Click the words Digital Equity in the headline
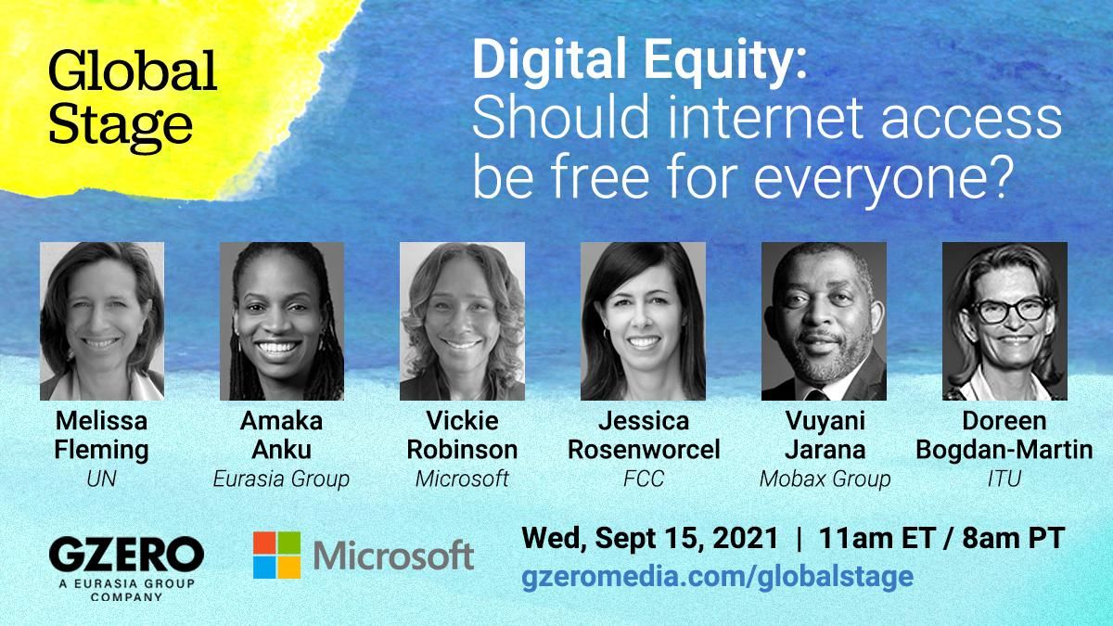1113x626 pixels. click(x=639, y=64)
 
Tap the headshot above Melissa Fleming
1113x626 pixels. click(x=102, y=321)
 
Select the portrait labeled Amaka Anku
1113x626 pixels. click(x=282, y=321)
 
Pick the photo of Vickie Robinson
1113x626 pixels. click(x=462, y=321)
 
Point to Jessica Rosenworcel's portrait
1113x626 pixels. click(x=643, y=321)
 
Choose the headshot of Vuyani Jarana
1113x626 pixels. click(x=824, y=321)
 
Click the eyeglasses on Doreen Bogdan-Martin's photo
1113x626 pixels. click(x=1004, y=310)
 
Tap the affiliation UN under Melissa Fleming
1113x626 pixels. click(x=101, y=479)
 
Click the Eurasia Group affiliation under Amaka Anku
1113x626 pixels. click(x=281, y=479)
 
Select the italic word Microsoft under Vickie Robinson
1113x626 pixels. click(x=462, y=479)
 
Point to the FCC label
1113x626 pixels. click(x=644, y=479)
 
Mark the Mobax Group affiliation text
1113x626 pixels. click(x=825, y=479)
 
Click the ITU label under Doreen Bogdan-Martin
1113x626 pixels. click(x=1004, y=479)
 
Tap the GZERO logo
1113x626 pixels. click(x=126, y=556)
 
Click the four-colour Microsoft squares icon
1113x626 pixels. click(x=276, y=555)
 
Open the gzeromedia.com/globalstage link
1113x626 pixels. click(x=718, y=576)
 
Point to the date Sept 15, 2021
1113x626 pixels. click(x=681, y=537)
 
